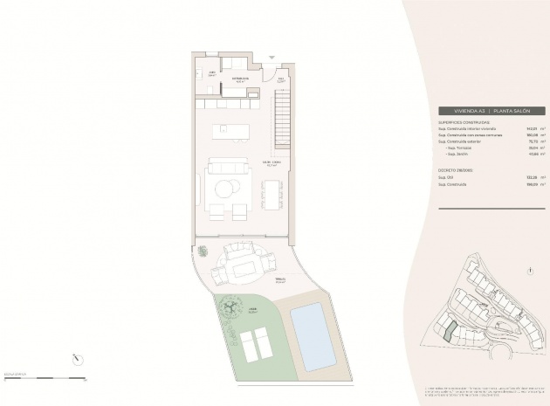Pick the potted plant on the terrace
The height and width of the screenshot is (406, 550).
(x=203, y=251)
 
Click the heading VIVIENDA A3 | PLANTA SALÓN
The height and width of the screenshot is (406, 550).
(x=492, y=111)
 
